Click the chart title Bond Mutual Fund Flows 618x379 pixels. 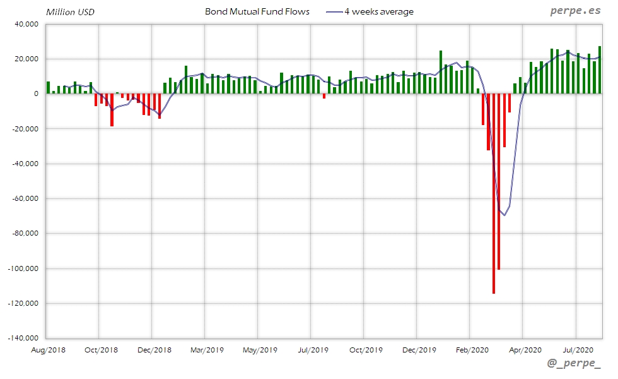pyautogui.click(x=257, y=12)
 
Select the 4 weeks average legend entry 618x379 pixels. pyautogui.click(x=378, y=12)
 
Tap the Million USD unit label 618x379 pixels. pyautogui.click(x=70, y=12)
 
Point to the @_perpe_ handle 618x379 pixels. pyautogui.click(x=574, y=363)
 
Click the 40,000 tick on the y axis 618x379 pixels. pyautogui.click(x=25, y=24)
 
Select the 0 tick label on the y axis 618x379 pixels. pyautogui.click(x=35, y=94)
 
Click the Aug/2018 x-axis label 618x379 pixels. pyautogui.click(x=48, y=349)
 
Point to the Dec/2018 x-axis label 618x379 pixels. pyautogui.click(x=153, y=349)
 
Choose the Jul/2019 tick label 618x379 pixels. pyautogui.click(x=312, y=349)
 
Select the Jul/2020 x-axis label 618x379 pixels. pyautogui.click(x=577, y=349)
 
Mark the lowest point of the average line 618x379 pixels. pyautogui.click(x=504, y=215)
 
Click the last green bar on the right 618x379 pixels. pyautogui.click(x=600, y=69)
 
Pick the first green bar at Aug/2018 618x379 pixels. pyautogui.click(x=48, y=88)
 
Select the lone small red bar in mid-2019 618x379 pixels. pyautogui.click(x=324, y=96)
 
